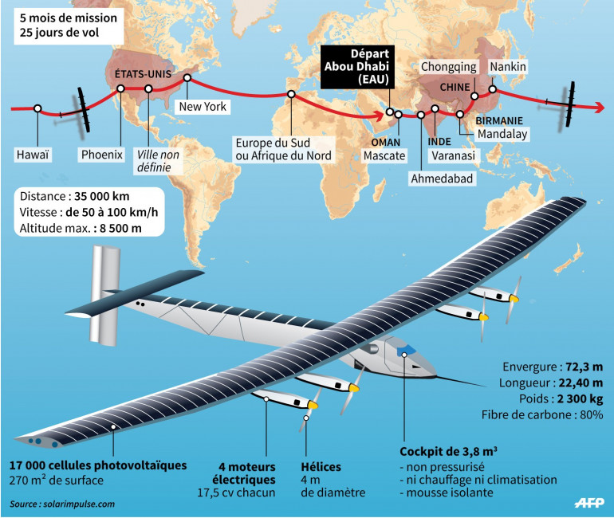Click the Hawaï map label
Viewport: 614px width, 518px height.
pyautogui.click(x=33, y=155)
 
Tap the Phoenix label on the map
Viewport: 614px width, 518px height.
pyautogui.click(x=103, y=155)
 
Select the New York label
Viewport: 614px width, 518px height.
pyautogui.click(x=203, y=106)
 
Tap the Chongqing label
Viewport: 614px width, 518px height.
pyautogui.click(x=449, y=67)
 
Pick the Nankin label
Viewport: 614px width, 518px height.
pyautogui.click(x=508, y=67)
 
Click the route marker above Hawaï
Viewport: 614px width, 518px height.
pyautogui.click(x=37, y=108)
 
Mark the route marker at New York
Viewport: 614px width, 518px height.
pyautogui.click(x=187, y=78)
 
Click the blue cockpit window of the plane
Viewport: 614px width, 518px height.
pyautogui.click(x=406, y=347)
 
